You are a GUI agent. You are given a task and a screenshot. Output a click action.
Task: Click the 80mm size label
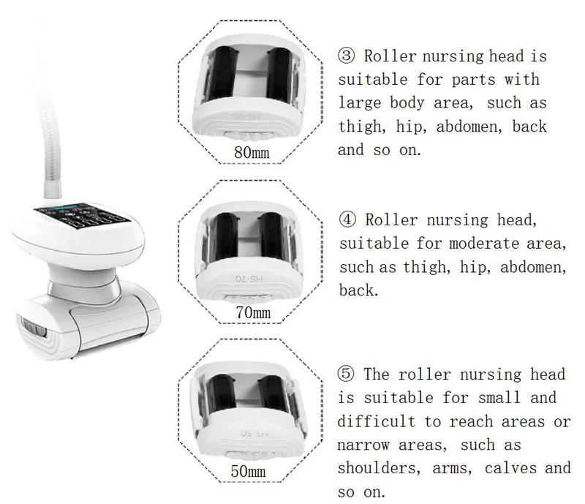click(x=250, y=153)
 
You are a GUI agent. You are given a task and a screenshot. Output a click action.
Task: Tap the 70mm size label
click(x=250, y=314)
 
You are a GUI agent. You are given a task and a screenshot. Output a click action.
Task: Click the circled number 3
click(x=346, y=56)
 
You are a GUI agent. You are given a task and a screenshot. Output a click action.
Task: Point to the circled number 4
click(x=346, y=219)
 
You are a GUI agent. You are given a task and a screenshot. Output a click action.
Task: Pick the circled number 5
click(x=346, y=374)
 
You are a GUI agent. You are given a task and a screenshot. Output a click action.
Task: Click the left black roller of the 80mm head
click(x=222, y=74)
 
